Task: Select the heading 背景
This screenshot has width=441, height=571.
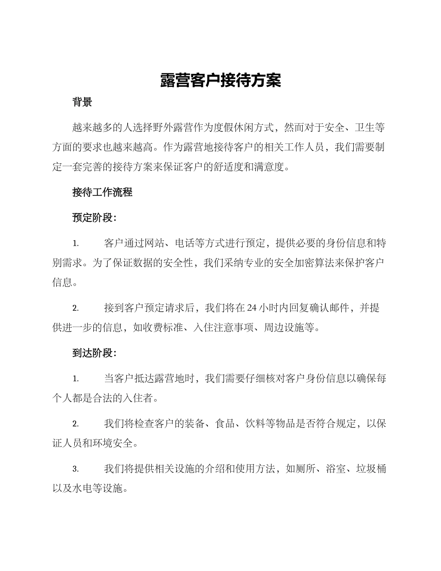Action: coord(82,102)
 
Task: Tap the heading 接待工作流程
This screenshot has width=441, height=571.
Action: coord(102,192)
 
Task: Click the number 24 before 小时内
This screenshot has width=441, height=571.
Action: coord(252,308)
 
